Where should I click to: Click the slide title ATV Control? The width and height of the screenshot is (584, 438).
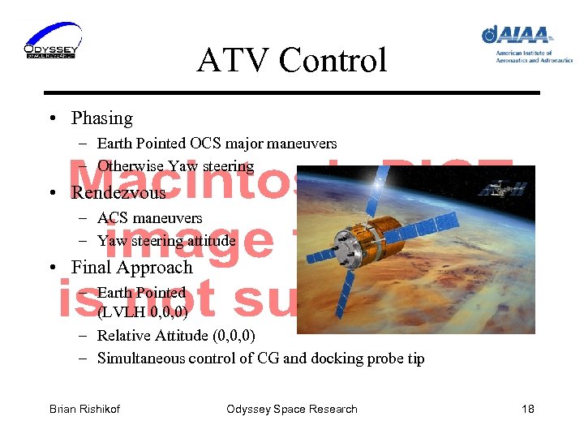(x=291, y=60)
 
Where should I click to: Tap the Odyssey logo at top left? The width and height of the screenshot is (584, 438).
(x=52, y=41)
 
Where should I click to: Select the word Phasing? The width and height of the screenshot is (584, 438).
(x=102, y=118)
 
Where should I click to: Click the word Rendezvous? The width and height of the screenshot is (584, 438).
(x=118, y=193)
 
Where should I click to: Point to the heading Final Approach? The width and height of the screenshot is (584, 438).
(x=131, y=268)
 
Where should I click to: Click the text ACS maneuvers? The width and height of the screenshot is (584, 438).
(x=149, y=218)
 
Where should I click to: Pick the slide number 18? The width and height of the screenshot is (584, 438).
(x=527, y=409)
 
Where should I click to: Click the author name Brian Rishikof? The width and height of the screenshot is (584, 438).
(x=84, y=409)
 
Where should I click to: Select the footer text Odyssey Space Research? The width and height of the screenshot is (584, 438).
(x=291, y=409)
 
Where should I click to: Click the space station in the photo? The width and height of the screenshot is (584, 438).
(x=492, y=188)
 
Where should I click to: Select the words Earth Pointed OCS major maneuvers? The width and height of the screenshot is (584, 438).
(x=217, y=144)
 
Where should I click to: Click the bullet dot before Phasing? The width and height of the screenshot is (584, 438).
(x=52, y=119)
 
